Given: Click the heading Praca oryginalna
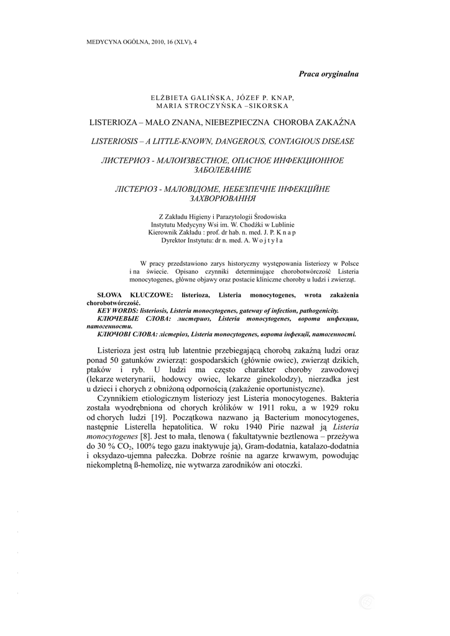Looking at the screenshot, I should [x=328, y=74].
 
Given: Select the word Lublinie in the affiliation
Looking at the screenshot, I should [x=281, y=224].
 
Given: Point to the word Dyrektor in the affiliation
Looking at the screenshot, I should [x=174, y=240].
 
